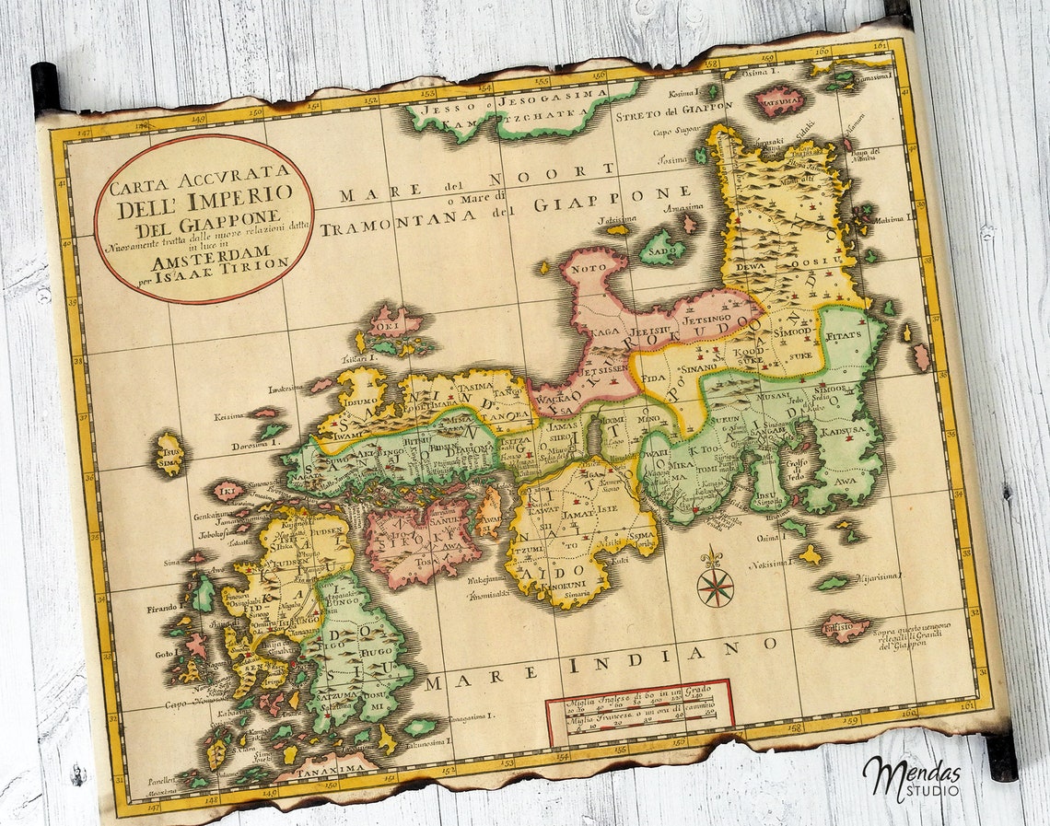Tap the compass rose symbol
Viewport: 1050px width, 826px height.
715,586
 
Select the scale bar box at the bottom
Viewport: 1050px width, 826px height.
639,710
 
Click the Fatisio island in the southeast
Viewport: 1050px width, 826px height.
843,627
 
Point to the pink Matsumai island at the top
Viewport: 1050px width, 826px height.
778,101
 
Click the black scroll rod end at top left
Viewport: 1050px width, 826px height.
44,88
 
